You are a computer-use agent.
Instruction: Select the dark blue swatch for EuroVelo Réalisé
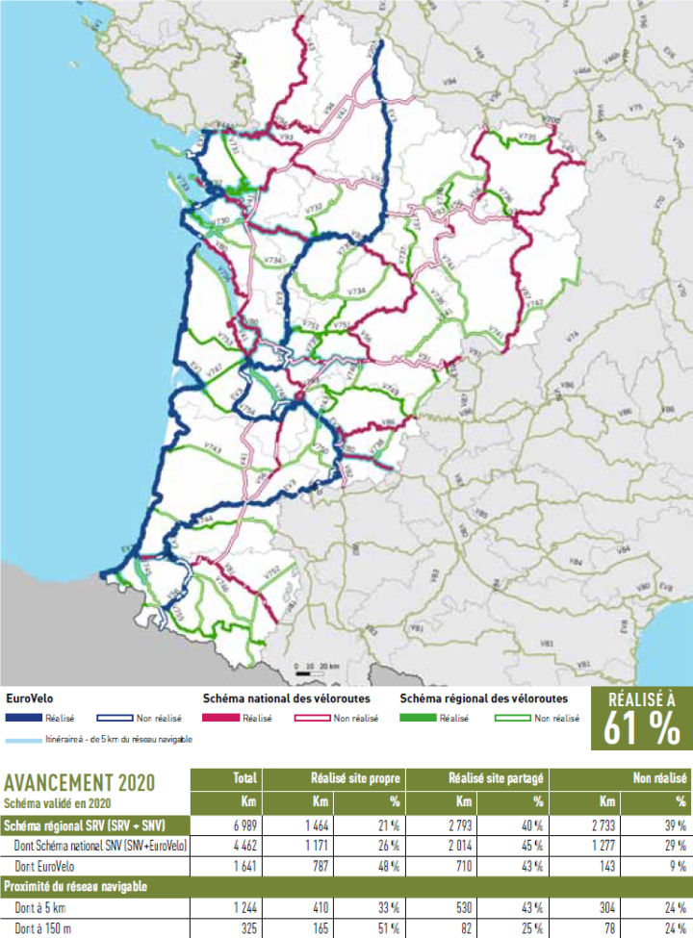29,718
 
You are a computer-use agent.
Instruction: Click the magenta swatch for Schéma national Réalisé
222,718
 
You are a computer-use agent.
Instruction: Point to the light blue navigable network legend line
29,739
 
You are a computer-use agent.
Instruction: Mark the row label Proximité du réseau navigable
75,885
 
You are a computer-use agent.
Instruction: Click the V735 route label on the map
526,139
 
